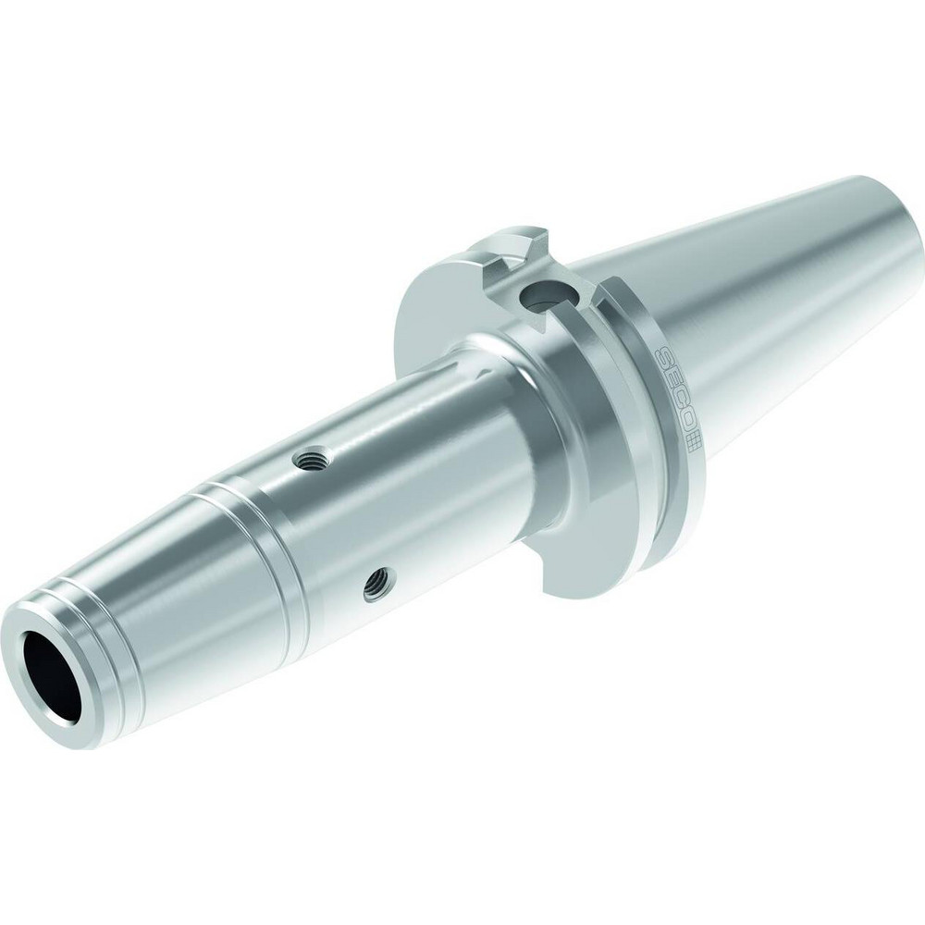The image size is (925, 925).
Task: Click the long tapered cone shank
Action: (x=777, y=277)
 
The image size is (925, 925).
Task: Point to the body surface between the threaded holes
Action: (x=342, y=518)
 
